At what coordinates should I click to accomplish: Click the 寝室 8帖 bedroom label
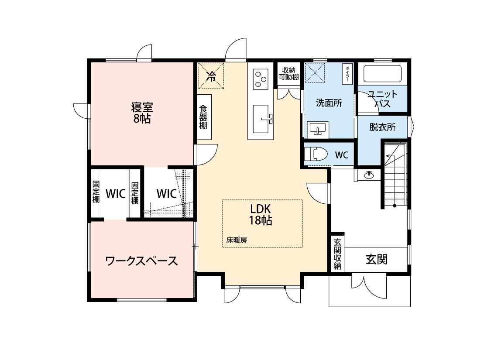142,113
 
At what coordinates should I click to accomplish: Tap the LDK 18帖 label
260,214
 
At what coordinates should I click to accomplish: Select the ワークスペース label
141,261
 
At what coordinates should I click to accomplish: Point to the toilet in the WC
316,154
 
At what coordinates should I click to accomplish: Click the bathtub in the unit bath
382,74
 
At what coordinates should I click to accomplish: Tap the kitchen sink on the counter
261,119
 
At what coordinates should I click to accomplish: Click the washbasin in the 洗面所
318,130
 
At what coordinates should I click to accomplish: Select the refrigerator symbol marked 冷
211,76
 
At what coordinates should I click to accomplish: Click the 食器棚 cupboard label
203,117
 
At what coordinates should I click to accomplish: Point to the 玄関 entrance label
377,259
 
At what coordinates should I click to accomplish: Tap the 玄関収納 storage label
337,254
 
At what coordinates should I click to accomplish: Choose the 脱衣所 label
382,127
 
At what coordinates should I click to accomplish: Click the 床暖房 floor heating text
237,240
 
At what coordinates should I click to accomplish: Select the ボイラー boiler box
347,74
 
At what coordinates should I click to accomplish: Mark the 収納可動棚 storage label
289,74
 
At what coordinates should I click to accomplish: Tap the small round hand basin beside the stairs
369,175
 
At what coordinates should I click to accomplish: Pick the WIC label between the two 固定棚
116,193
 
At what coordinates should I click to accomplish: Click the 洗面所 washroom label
329,103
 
